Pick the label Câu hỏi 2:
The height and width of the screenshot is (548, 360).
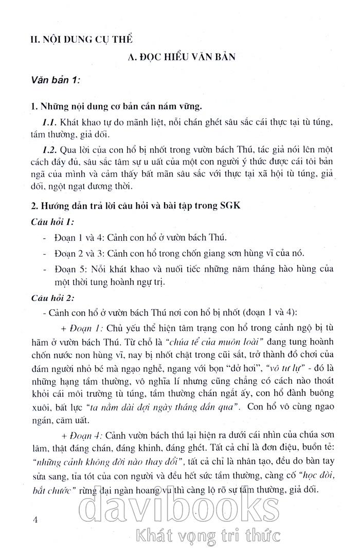coord(52,298)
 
